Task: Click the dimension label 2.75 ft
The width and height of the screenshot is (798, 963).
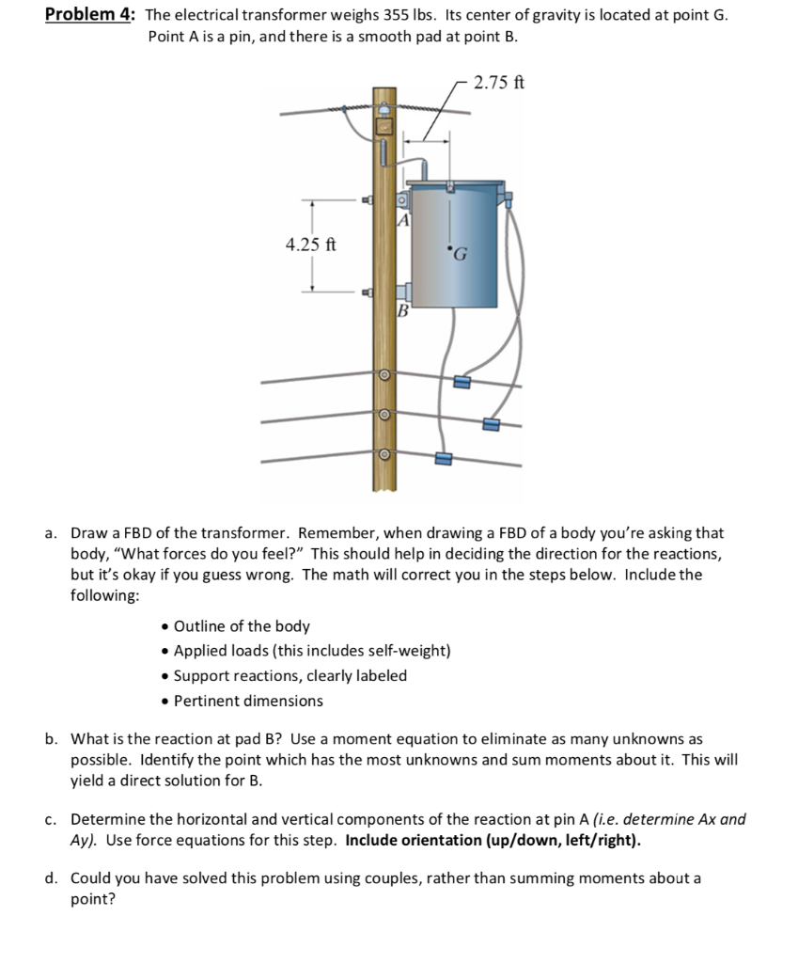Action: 499,82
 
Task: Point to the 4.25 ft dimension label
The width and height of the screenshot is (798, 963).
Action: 310,245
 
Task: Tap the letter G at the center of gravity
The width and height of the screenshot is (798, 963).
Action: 461,253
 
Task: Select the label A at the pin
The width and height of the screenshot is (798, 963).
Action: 402,221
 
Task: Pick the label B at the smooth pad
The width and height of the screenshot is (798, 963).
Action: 402,309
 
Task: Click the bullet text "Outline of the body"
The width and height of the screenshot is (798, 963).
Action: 243,625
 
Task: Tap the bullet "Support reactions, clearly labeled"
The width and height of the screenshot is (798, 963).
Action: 290,675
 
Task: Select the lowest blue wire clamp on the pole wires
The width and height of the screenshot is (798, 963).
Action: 444,459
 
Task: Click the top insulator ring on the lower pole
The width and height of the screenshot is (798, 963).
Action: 383,374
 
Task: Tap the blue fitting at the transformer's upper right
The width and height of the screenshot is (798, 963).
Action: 509,199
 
